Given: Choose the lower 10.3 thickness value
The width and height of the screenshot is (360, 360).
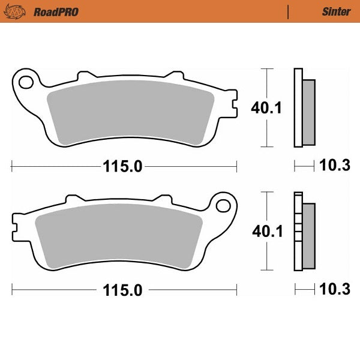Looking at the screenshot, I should pos(336,291).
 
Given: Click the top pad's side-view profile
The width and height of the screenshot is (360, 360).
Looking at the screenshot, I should pos(302,108).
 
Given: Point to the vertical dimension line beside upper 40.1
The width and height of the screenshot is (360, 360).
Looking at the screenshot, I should pos(266,108).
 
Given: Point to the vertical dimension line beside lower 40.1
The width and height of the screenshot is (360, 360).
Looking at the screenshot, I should pos(266,232).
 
